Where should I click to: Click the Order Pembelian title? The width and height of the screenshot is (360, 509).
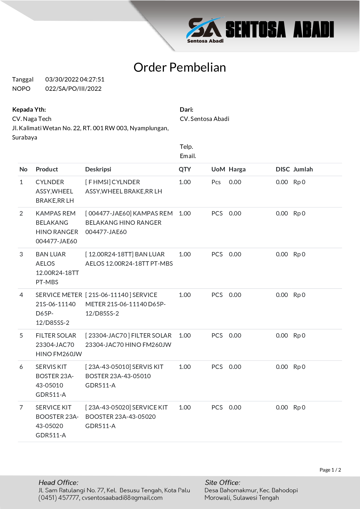pos(180,67)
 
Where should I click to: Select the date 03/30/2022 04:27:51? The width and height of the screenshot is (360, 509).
pos(75,79)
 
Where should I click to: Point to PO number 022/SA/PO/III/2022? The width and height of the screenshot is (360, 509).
pos(73,89)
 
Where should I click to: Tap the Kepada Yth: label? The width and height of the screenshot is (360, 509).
pos(29,110)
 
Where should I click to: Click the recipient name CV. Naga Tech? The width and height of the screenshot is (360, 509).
pos(32,119)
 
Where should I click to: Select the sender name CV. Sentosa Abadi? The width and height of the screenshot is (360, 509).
pos(204,119)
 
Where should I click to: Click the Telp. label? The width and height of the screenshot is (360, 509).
pos(186,147)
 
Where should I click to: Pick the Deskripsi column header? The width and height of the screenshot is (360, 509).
pos(98,169)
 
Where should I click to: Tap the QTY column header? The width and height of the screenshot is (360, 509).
pos(184,169)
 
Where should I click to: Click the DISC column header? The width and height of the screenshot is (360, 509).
pos(283,169)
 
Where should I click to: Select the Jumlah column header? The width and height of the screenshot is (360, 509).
pos(303,169)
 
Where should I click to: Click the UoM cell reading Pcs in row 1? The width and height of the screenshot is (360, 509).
pos(216,182)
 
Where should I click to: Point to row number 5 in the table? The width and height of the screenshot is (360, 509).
pos(21,336)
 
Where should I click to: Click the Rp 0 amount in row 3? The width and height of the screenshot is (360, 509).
pos(299,254)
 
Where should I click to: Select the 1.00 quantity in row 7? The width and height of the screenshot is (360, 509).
pos(184,407)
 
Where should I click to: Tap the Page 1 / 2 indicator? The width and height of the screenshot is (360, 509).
pos(330,470)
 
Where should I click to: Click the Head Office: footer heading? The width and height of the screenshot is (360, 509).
pos(58,483)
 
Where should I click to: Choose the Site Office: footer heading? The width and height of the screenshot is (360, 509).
pos(222,483)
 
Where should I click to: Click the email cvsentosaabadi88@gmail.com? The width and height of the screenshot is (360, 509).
pos(122,498)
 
